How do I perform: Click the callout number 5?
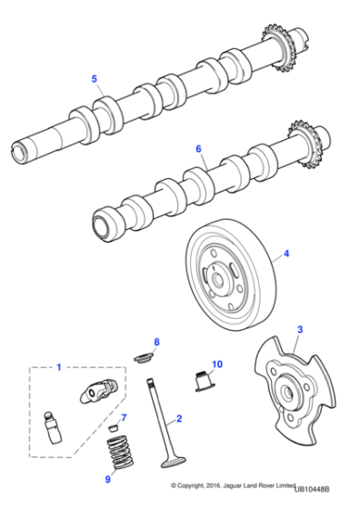pyautogui.click(x=94, y=79)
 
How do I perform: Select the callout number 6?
pyautogui.click(x=198, y=147)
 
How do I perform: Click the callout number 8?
pyautogui.click(x=155, y=342)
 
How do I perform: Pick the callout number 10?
pyautogui.click(x=216, y=365)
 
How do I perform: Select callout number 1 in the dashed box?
pyautogui.click(x=59, y=368)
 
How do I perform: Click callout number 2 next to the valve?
pyautogui.click(x=180, y=419)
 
